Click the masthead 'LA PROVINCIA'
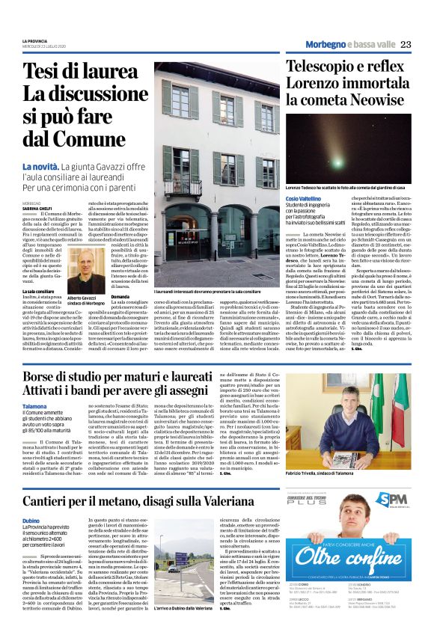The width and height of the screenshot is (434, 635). point(35,41)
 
